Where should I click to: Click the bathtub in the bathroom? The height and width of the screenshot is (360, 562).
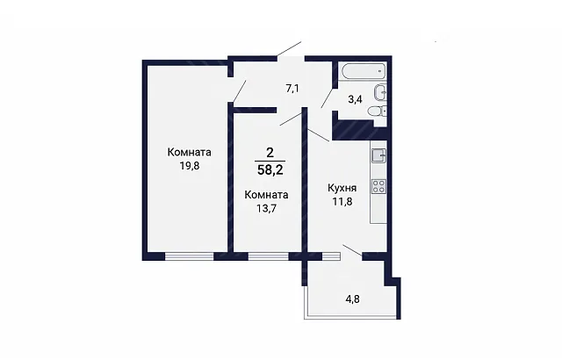point(364,71)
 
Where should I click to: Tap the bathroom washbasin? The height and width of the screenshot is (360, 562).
point(380,93)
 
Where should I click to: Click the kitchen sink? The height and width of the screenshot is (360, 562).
point(378,155)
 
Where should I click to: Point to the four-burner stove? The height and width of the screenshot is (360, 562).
point(378,186)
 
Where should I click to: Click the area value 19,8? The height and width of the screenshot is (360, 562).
point(190,166)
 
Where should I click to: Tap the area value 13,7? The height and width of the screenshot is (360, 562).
point(266,208)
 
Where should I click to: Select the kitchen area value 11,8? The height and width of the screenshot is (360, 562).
point(342,202)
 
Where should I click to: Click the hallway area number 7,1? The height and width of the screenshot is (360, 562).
point(292,89)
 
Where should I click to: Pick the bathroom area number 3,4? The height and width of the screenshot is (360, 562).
point(355,99)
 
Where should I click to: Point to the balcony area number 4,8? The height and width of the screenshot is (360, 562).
point(352,299)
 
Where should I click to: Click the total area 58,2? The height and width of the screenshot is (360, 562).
point(270,169)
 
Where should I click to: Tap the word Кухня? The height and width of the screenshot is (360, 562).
point(342,188)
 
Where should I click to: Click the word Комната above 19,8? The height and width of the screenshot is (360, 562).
point(190,152)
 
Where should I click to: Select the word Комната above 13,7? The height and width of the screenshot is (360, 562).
point(266,195)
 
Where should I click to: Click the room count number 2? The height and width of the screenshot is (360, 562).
point(270,153)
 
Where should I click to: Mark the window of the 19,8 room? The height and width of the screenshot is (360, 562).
point(190,256)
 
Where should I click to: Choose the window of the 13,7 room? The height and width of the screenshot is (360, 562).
point(269,256)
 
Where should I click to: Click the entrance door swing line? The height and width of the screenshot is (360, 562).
point(289,49)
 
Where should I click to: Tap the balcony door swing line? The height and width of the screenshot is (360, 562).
point(352,250)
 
